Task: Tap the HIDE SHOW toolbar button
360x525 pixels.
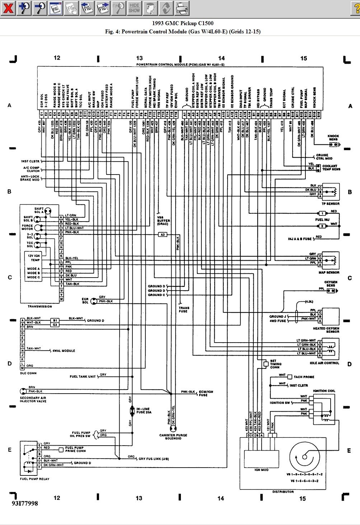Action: point(134,8)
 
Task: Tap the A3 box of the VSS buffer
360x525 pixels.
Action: point(163,234)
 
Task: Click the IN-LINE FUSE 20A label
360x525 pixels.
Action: point(144,410)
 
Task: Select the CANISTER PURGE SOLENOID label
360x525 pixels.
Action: point(173,437)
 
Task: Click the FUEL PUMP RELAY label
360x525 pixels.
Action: point(35,479)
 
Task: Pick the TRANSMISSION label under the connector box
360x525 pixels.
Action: point(40,306)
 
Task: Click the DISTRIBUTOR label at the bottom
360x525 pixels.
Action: point(283,492)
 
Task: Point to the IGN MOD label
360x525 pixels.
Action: point(262,470)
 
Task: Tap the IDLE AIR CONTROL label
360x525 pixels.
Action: point(324,363)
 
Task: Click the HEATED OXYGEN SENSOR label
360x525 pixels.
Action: point(326,330)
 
